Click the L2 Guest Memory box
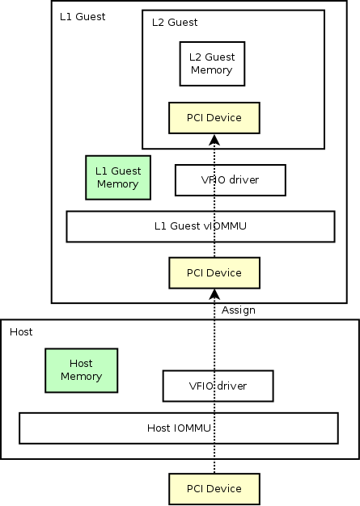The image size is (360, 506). (x=212, y=64)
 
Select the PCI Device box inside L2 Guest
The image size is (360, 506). (x=214, y=118)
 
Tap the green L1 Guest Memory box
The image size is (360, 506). (x=118, y=178)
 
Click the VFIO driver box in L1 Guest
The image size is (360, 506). (x=231, y=180)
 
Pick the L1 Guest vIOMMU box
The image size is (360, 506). (x=201, y=226)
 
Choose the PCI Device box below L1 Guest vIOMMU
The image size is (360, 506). (x=214, y=273)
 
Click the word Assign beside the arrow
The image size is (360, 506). (x=239, y=310)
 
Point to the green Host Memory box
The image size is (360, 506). (x=82, y=370)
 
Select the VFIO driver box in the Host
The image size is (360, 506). (x=218, y=386)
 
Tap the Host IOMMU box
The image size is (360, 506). (x=179, y=428)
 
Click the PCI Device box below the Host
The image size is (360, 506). (x=214, y=489)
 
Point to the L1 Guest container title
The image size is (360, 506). (x=83, y=17)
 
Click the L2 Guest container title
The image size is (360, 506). (x=175, y=23)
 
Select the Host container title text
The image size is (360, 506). (x=21, y=331)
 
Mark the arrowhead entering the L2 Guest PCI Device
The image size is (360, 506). (x=214, y=140)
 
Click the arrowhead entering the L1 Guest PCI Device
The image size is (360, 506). (x=214, y=295)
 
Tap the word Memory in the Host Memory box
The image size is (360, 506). (x=82, y=377)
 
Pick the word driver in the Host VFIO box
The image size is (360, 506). (x=232, y=386)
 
